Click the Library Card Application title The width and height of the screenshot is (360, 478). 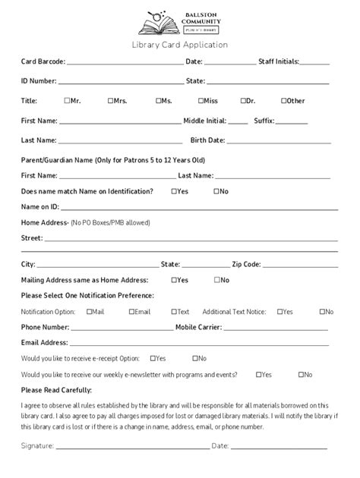(180, 45)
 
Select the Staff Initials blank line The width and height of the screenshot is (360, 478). (314, 64)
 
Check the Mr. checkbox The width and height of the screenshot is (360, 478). (67, 100)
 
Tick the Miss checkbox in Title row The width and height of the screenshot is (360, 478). (201, 100)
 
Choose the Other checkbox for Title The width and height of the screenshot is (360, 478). (283, 100)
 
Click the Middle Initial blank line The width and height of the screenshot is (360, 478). (237, 122)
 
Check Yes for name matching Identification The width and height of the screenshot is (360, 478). (174, 191)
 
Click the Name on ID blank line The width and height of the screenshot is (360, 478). (199, 208)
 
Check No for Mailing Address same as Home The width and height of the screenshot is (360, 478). (216, 279)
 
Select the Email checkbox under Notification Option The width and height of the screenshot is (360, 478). (131, 311)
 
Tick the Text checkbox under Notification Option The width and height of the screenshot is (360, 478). (174, 311)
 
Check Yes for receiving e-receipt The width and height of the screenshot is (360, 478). (153, 357)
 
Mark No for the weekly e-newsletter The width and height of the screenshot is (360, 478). (301, 374)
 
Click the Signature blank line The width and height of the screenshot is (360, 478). (133, 448)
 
